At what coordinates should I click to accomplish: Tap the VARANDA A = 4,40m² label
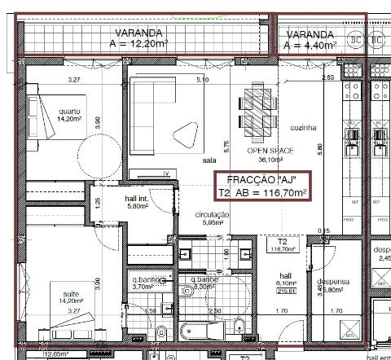310,39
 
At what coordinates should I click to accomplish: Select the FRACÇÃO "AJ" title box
262,187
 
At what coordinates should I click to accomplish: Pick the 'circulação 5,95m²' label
213,217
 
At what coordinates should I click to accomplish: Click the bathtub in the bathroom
200,332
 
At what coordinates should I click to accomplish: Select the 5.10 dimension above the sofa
203,80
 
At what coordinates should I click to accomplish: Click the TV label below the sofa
165,173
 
